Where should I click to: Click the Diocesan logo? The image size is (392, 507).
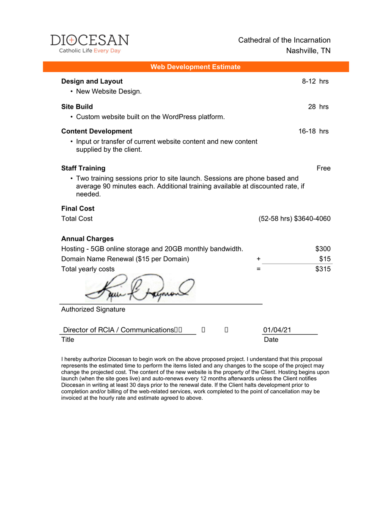(x=90, y=44)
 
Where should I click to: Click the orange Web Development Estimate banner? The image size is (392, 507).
(x=195, y=67)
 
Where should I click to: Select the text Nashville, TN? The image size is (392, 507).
(x=308, y=51)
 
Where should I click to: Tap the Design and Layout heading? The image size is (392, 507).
(x=92, y=81)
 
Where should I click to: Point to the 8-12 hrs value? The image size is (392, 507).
(x=315, y=81)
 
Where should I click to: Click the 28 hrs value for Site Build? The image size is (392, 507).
(x=318, y=106)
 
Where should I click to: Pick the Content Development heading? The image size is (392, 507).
(x=96, y=131)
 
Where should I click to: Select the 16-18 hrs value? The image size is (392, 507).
(x=313, y=131)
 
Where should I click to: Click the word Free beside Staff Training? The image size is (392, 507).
(x=323, y=168)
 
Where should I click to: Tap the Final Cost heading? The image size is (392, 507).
(x=78, y=208)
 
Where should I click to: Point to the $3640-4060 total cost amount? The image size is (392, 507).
(x=312, y=218)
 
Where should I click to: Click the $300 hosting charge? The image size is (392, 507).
(x=323, y=249)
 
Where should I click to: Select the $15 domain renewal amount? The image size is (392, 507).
(x=325, y=259)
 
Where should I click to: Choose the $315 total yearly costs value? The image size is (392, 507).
(x=323, y=269)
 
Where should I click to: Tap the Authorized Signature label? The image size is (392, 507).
(x=93, y=309)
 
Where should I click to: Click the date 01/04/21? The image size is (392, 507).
(x=277, y=330)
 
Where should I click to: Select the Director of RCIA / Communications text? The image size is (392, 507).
(x=118, y=330)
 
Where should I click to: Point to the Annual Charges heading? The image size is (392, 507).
(x=87, y=239)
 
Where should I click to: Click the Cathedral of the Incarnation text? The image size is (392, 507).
(x=284, y=40)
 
